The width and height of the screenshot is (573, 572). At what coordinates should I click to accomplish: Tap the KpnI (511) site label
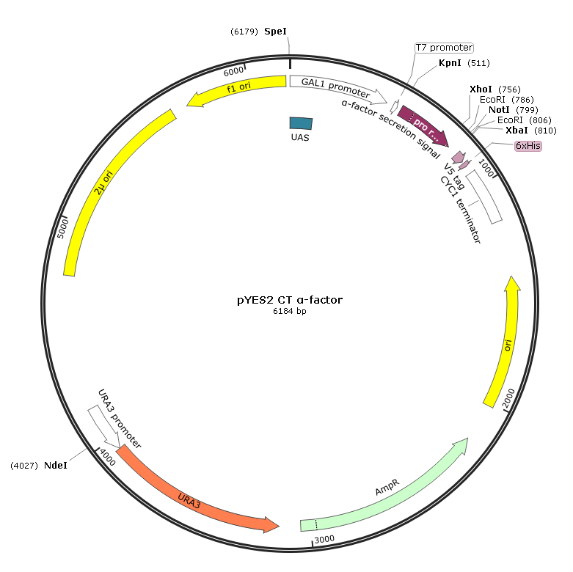[464, 63]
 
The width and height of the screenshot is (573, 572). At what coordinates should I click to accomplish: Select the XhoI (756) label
[495, 89]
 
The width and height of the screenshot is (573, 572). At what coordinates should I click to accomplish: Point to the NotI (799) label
[514, 109]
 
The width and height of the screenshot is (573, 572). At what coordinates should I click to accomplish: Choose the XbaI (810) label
[531, 131]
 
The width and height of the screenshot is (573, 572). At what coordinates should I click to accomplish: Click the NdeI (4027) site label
[39, 466]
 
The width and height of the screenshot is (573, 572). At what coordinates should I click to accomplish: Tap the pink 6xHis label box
[528, 146]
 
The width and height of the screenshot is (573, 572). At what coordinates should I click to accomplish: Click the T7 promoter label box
[445, 48]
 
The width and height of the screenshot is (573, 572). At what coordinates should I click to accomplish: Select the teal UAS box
[301, 123]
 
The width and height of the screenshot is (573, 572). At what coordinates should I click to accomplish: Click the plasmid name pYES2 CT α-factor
[290, 300]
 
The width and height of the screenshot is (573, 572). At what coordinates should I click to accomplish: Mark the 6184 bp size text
[290, 311]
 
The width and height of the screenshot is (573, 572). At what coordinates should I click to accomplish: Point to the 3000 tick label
[324, 539]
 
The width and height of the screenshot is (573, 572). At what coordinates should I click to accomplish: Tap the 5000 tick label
[63, 229]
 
